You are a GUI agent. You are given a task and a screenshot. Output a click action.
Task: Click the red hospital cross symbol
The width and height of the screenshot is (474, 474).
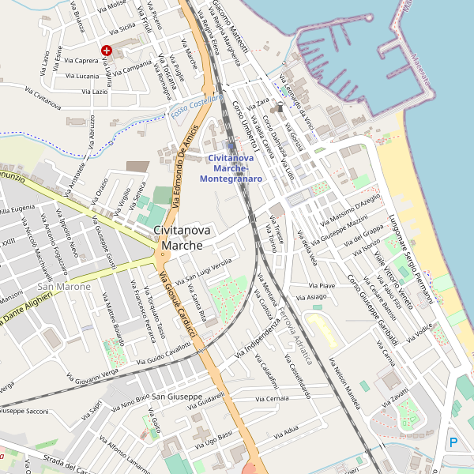(107, 50)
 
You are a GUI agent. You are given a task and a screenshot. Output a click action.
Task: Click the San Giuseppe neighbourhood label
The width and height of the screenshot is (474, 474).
(177, 396)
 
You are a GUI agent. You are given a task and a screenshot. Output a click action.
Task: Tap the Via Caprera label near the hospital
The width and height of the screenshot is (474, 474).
(81, 60)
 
